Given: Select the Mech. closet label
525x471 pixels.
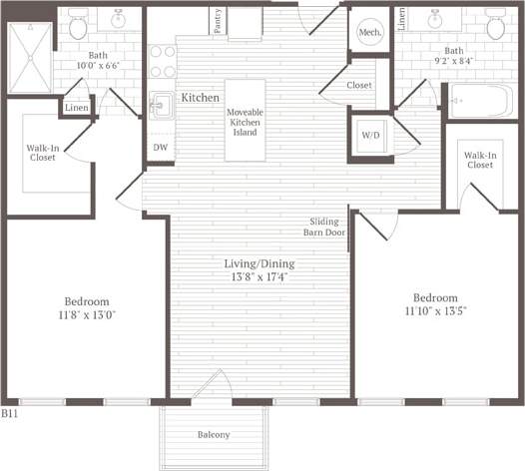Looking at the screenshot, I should point(367,32).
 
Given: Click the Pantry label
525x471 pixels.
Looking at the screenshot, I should point(217,20).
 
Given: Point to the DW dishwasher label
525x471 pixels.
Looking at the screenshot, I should point(160,148).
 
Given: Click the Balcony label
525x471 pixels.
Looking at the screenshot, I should point(213,434).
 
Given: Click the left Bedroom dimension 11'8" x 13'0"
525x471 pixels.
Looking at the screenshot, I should point(87,315).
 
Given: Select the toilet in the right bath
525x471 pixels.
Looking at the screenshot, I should point(493,21).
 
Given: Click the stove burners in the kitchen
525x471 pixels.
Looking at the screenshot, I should point(162,62).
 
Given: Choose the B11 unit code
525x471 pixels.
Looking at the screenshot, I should point(10,411).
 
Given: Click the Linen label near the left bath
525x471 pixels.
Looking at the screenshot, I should point(76,108).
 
